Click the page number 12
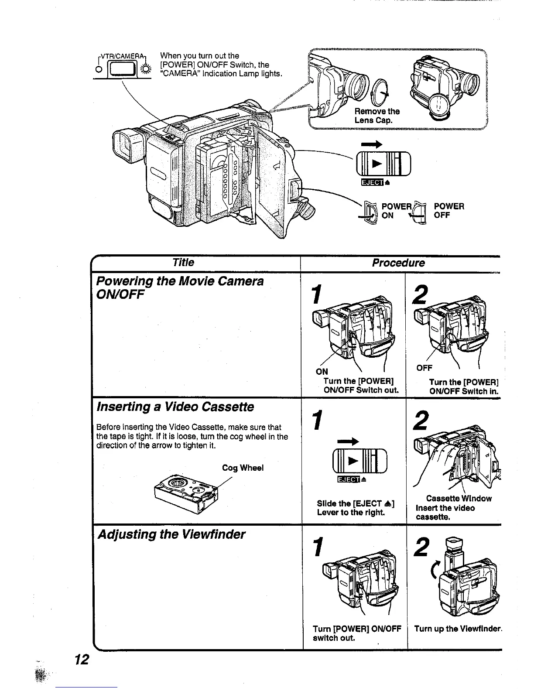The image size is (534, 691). [x=82, y=660]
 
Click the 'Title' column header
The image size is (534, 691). [x=183, y=263]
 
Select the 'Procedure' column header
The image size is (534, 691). [x=398, y=263]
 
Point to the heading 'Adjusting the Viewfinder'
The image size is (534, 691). [x=171, y=534]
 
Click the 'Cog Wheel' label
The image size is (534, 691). [x=243, y=468]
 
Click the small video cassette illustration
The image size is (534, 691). [x=185, y=492]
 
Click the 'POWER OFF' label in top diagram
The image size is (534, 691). [x=449, y=211]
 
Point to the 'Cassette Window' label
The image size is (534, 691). [x=459, y=499]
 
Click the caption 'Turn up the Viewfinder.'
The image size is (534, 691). [x=458, y=629]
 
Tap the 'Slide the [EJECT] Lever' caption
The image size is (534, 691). [x=356, y=508]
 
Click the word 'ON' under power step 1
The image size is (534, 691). [x=322, y=372]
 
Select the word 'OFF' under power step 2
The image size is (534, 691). [x=424, y=368]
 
